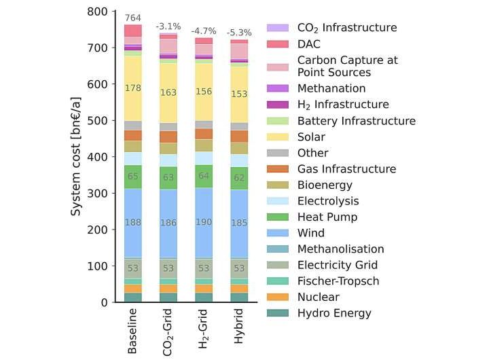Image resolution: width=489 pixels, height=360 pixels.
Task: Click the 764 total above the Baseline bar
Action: (x=133, y=17)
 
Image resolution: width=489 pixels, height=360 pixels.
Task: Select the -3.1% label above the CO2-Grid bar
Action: (x=167, y=26)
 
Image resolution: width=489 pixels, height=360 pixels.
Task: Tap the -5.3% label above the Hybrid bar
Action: (x=238, y=32)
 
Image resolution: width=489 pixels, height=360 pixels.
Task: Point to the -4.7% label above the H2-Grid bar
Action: (x=203, y=31)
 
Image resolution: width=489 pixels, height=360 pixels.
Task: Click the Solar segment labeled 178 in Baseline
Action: (x=133, y=88)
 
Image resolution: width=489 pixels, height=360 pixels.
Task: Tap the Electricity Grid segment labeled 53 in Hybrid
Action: (x=238, y=268)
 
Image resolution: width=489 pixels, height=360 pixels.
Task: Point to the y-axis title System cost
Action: (x=77, y=157)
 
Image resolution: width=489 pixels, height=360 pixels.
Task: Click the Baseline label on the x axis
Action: (x=133, y=331)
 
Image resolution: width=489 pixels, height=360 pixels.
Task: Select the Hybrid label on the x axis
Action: (x=238, y=329)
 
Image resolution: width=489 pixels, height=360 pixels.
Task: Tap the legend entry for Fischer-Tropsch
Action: (x=332, y=281)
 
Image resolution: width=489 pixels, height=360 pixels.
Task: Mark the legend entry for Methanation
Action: (x=331, y=88)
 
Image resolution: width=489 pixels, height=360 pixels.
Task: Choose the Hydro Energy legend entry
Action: (x=334, y=313)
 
